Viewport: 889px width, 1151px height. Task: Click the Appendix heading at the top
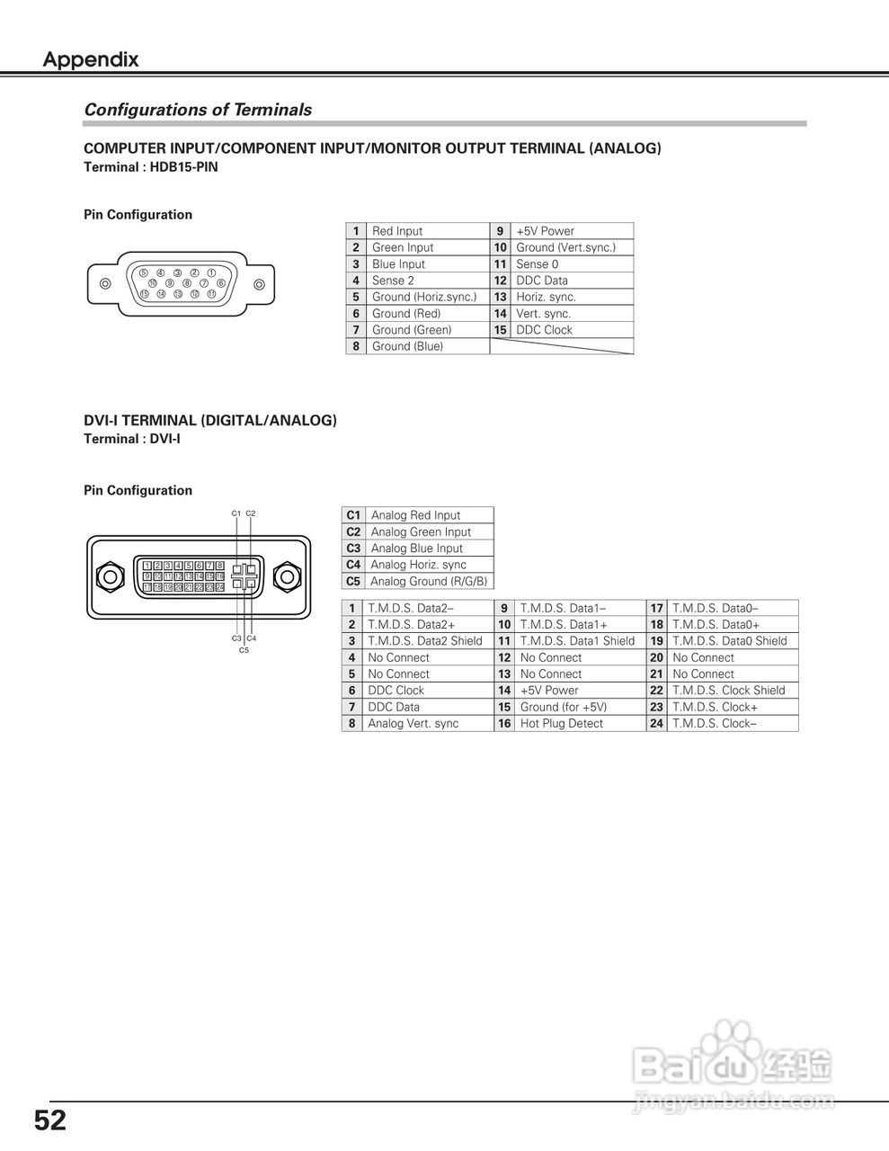[91, 60]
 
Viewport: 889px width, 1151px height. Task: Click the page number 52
[50, 1121]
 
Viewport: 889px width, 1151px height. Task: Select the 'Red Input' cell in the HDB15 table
[397, 231]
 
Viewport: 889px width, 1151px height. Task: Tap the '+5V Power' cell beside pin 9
[545, 231]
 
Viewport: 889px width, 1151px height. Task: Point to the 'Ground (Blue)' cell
[407, 346]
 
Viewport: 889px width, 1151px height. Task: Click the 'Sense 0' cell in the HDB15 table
[537, 264]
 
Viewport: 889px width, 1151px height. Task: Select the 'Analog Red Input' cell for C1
[415, 515]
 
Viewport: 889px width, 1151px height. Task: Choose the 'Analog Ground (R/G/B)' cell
[429, 582]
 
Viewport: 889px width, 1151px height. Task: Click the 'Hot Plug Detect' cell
[561, 724]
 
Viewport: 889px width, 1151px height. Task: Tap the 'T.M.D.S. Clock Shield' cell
[728, 691]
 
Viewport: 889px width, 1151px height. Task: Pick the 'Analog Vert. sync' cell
[413, 724]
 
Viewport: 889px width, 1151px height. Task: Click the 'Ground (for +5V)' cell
[563, 708]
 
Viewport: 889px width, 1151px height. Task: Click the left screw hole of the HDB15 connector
[105, 284]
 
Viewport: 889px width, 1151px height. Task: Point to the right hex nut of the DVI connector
[287, 576]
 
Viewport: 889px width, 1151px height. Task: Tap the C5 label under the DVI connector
[244, 650]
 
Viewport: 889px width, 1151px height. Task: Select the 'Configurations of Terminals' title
[198, 110]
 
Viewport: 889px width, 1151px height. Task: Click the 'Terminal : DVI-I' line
[132, 439]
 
